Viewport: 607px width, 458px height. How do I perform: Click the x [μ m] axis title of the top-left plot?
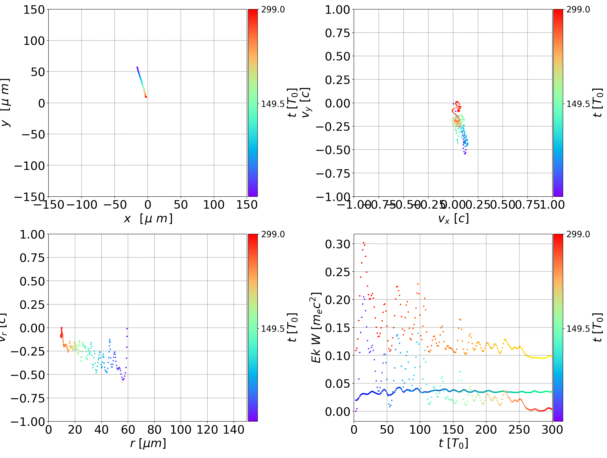pyautogui.click(x=148, y=218)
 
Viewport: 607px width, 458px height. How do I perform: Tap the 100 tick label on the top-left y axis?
pyautogui.click(x=34, y=41)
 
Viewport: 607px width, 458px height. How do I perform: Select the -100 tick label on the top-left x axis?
pyautogui.click(x=82, y=205)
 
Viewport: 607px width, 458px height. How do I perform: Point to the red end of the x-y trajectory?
pyautogui.click(x=146, y=97)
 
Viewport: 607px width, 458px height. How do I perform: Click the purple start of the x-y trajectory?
pyautogui.click(x=137, y=67)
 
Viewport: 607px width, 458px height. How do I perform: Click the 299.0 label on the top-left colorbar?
pyautogui.click(x=273, y=10)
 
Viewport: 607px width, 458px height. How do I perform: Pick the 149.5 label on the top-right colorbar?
pyautogui.click(x=578, y=104)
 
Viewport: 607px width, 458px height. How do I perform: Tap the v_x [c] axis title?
pyautogui.click(x=453, y=218)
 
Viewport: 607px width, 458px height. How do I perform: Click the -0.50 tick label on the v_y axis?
pyautogui.click(x=333, y=150)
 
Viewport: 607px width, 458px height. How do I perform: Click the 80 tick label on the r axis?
pyautogui.click(x=154, y=430)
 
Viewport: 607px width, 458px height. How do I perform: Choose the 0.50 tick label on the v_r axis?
pyautogui.click(x=32, y=281)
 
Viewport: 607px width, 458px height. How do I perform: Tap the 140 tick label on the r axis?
pyautogui.click(x=234, y=430)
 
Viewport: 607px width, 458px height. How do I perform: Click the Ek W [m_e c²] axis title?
pyautogui.click(x=316, y=328)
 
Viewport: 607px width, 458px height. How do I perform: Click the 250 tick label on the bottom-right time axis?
pyautogui.click(x=519, y=430)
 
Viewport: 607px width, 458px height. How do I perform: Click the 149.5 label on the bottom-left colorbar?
pyautogui.click(x=273, y=328)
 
